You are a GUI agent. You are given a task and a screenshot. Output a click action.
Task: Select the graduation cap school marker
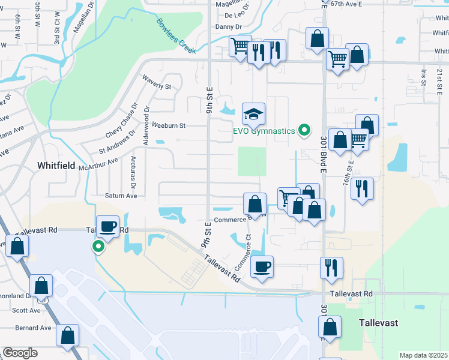click(x=253, y=114)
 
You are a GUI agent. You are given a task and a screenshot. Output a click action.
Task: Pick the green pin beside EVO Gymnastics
click(x=304, y=130)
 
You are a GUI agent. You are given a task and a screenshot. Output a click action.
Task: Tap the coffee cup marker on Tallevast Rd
click(x=107, y=227)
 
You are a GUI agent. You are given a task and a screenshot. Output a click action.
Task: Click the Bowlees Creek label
click(x=176, y=36)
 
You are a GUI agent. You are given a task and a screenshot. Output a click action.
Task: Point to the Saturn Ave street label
click(x=121, y=196)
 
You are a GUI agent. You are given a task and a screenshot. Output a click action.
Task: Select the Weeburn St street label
click(x=169, y=126)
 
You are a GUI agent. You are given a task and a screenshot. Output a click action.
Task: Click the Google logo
click(x=20, y=353)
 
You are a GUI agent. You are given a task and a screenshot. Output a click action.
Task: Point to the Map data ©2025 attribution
click(x=423, y=355)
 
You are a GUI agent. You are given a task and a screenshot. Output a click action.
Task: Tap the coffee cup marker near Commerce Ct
click(x=261, y=266)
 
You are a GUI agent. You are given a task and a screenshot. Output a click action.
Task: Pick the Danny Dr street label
click(x=228, y=27)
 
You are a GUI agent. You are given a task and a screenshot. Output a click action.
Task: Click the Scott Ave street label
click(x=26, y=310)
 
